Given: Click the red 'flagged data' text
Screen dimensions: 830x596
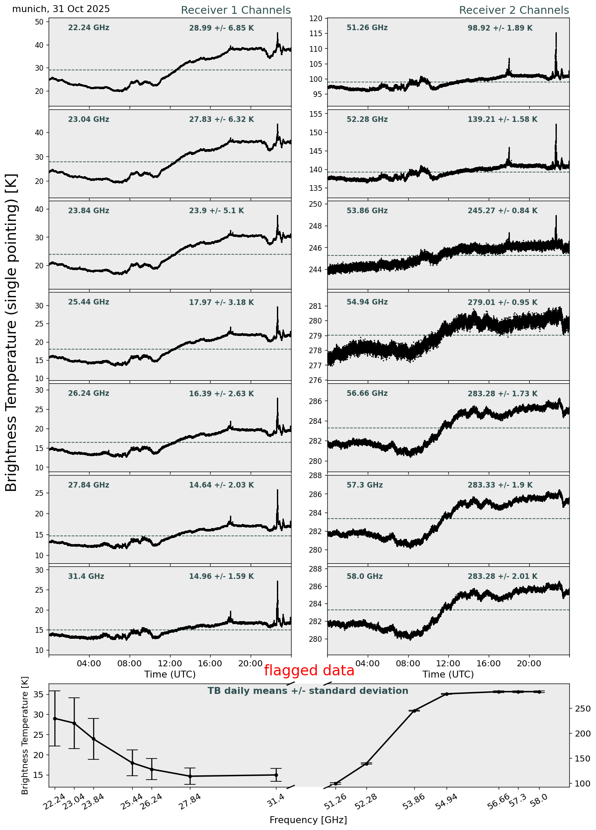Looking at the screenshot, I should pos(309,671).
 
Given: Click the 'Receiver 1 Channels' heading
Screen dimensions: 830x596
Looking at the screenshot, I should pos(236,10).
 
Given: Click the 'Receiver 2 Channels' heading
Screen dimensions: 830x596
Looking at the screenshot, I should pos(514,10).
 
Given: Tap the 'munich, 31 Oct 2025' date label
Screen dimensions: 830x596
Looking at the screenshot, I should pos(61,9).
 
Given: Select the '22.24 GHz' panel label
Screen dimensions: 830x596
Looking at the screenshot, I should pos(89,28).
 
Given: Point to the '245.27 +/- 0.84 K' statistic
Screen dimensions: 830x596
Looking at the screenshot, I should pos(502,211).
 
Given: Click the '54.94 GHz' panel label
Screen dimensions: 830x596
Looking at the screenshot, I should pos(367,302).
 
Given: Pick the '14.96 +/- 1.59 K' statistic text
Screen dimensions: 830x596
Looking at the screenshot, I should pos(221,576).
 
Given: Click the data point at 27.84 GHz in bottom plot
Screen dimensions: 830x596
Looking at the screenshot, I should pos(190,776).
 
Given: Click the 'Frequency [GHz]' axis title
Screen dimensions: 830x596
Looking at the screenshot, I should pos(308,820).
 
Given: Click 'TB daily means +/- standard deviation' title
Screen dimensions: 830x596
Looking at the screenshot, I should pos(308,691).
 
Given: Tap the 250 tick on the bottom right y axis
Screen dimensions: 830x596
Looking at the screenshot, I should pos(578,709).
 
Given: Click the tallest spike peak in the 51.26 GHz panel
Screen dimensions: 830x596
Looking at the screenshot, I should pos(556,33).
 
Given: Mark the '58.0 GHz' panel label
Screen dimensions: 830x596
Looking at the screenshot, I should pos(364,576).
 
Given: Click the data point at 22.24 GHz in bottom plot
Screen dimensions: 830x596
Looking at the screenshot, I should pos(55,718).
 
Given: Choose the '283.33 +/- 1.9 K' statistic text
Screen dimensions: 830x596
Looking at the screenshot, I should pos(500,485).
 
